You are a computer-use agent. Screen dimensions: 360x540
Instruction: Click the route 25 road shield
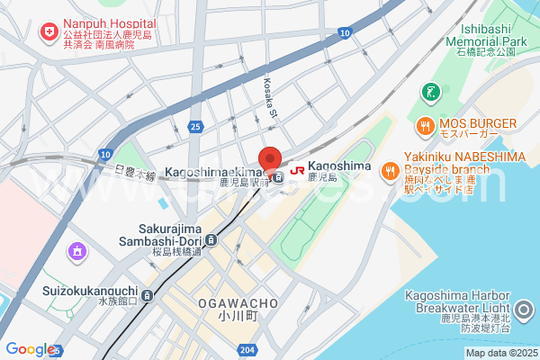pos(195,127)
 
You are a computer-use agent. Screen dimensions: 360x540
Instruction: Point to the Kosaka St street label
pos(270,95)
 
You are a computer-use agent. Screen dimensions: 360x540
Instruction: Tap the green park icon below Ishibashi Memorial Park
pos(431,91)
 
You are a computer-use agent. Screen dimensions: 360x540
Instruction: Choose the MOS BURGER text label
pos(477,123)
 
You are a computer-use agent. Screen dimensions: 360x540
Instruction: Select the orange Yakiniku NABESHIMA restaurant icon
pos(390,168)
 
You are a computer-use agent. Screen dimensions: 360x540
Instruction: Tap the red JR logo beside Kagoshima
pos(296,167)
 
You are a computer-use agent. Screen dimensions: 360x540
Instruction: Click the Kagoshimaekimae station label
pos(214,171)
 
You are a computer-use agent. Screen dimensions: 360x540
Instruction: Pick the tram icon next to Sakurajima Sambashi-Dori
pos(211,239)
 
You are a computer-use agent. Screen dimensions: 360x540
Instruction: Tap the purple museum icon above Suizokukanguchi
pos(77,250)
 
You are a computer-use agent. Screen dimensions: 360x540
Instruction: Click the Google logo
pos(29,349)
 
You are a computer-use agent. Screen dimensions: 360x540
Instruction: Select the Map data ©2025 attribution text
pos(499,352)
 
